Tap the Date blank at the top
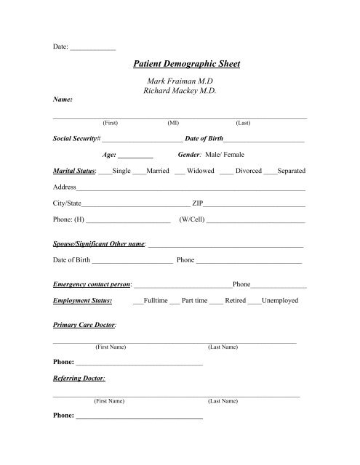[93, 47]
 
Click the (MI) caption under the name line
[175, 124]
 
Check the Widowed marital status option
[200, 171]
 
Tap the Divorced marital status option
[249, 171]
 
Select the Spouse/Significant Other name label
[100, 244]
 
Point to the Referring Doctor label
[79, 379]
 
